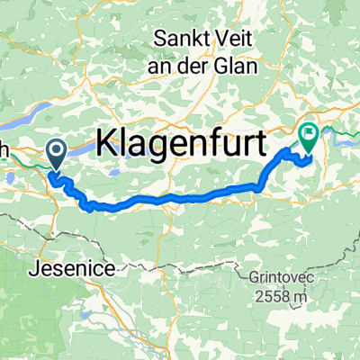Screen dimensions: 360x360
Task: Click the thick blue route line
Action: pos(180,196)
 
